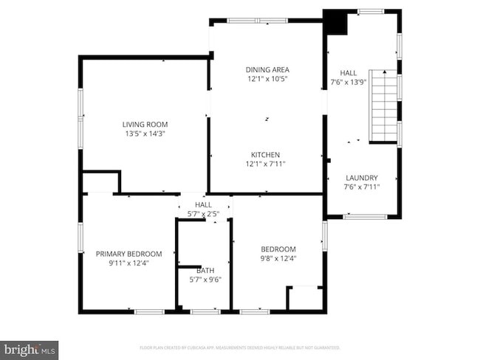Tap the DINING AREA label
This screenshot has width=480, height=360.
[267, 69]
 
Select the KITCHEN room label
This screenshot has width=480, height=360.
[266, 154]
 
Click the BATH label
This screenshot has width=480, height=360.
[205, 271]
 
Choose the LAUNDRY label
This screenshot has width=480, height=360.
[361, 178]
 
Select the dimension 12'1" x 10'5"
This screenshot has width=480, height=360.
[267, 78]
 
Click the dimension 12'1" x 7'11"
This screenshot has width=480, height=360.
[266, 163]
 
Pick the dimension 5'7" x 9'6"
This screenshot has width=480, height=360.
[205, 280]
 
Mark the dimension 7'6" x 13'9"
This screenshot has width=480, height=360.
[348, 82]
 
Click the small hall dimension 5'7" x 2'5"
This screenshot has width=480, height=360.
[203, 214]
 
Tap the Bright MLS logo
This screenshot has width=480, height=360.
[30, 348]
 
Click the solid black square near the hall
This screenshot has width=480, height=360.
[337, 23]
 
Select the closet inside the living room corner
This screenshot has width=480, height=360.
[100, 182]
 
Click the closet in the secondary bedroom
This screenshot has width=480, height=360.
[305, 298]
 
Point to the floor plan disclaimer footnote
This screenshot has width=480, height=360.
[240, 347]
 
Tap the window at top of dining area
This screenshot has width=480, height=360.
[257, 20]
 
